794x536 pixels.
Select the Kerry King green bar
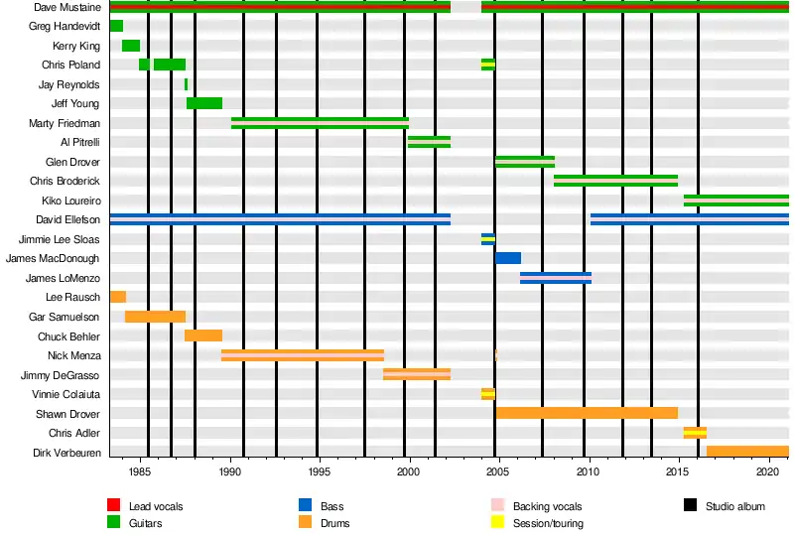pyautogui.click(x=131, y=46)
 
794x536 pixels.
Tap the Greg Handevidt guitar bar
pyautogui.click(x=116, y=26)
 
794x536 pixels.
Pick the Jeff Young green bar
pyautogui.click(x=204, y=103)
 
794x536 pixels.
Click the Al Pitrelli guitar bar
pyautogui.click(x=429, y=142)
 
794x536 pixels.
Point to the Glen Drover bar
pyautogui.click(x=525, y=162)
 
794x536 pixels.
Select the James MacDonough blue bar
pyautogui.click(x=508, y=258)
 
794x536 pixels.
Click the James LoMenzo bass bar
pyautogui.click(x=556, y=278)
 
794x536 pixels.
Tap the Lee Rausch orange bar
pyautogui.click(x=118, y=297)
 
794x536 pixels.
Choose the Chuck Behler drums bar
pyautogui.click(x=203, y=335)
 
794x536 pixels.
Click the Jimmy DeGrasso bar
pyautogui.click(x=417, y=374)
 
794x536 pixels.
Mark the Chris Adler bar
pyautogui.click(x=695, y=433)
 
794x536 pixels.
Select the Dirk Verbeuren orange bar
pyautogui.click(x=747, y=452)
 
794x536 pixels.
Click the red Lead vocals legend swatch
pyautogui.click(x=114, y=506)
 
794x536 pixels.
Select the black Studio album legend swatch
pyautogui.click(x=691, y=506)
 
